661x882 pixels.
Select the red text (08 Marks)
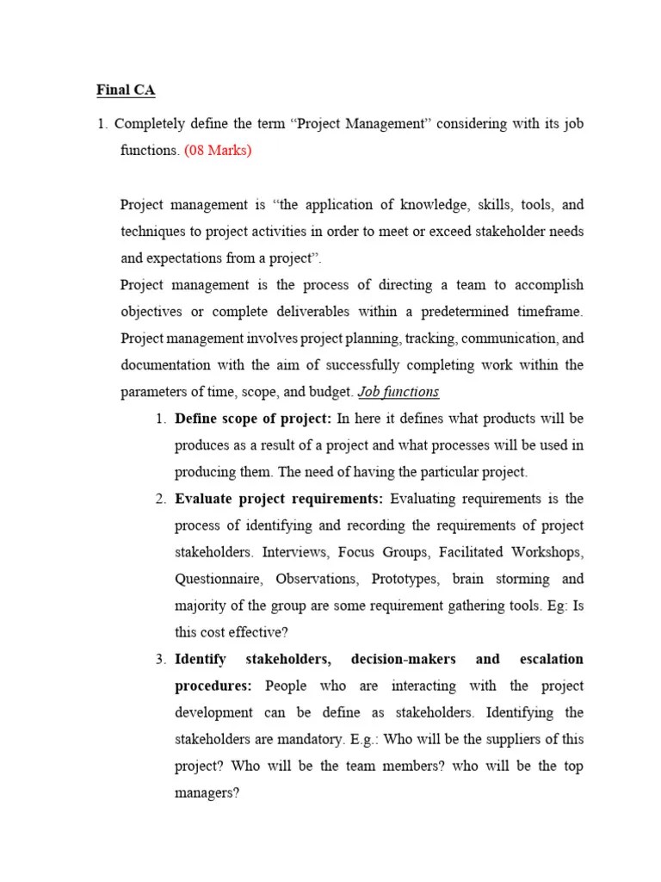[x=219, y=151]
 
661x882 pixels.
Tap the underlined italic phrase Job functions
[x=398, y=392]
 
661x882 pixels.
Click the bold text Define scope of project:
[x=253, y=419]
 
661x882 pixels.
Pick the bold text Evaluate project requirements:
[x=280, y=499]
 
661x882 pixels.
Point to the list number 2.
[x=161, y=499]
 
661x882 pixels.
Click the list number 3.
[x=161, y=659]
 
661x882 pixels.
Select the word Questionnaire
[x=216, y=579]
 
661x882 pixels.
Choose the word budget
[x=330, y=392]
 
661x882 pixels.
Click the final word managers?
[x=207, y=793]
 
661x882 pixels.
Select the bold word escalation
[x=551, y=659]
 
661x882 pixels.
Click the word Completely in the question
[x=151, y=124]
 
